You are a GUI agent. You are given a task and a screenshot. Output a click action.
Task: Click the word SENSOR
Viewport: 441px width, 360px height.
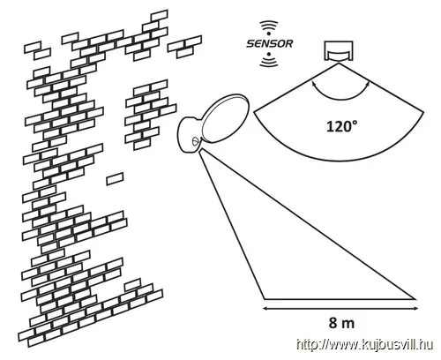point(269,44)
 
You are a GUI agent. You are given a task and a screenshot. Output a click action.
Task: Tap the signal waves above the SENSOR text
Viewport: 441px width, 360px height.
point(269,26)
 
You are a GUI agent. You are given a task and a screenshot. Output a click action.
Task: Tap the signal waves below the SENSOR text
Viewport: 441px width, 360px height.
point(269,62)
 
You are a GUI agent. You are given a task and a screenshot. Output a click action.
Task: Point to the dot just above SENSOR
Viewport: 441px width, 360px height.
point(269,34)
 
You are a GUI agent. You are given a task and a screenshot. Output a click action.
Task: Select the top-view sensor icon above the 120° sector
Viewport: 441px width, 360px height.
point(338,51)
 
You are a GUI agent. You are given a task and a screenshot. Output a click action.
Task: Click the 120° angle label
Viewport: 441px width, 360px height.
point(342,126)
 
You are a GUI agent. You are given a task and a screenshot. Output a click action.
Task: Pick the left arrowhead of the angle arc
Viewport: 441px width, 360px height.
point(313,85)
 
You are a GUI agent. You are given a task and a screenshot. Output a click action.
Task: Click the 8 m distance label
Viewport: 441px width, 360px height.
point(341,323)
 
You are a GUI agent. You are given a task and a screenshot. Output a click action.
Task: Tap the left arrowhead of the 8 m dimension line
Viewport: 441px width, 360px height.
point(265,308)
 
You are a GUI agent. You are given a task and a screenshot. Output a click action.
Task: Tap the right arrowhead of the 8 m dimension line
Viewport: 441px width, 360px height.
point(415,308)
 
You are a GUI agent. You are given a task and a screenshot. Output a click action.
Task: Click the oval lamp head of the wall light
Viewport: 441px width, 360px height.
point(225,118)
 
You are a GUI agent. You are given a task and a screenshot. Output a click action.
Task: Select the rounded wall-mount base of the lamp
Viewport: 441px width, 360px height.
point(189,135)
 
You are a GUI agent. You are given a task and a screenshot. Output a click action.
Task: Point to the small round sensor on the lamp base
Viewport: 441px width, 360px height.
point(195,141)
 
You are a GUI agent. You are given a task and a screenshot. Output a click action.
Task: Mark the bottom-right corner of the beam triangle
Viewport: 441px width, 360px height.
point(416,299)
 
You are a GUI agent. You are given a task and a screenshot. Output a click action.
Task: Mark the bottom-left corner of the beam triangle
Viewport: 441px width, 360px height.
point(264,299)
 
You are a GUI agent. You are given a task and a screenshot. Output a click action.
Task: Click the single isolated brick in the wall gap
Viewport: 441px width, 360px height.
point(115,178)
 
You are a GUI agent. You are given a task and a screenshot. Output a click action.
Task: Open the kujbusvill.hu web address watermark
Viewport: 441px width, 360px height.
point(364,344)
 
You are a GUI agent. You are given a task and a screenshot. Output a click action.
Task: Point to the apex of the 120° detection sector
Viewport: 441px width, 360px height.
point(339,63)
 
